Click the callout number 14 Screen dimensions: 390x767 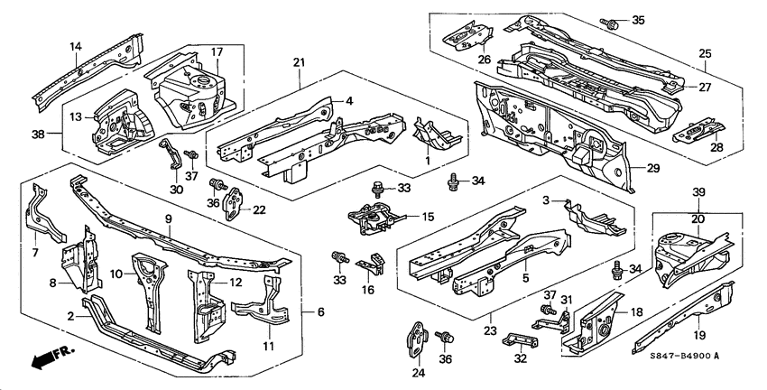pos(76,46)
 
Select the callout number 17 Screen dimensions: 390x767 pos(217,51)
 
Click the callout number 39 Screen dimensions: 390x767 pos(698,193)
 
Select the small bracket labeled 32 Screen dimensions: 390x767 pos(522,338)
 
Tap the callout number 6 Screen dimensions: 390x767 pos(320,312)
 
